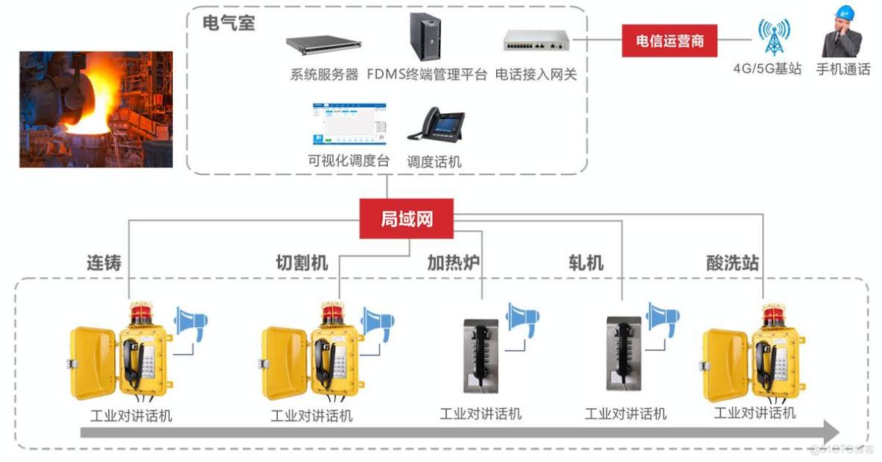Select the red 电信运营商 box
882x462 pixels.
(669, 40)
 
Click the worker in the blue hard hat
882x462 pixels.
(841, 33)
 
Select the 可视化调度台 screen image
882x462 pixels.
(349, 124)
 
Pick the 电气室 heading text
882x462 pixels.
(228, 23)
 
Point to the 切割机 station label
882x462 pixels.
(301, 263)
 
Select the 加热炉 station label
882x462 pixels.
(453, 263)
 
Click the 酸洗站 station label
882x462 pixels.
(732, 263)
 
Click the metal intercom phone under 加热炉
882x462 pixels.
(480, 354)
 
